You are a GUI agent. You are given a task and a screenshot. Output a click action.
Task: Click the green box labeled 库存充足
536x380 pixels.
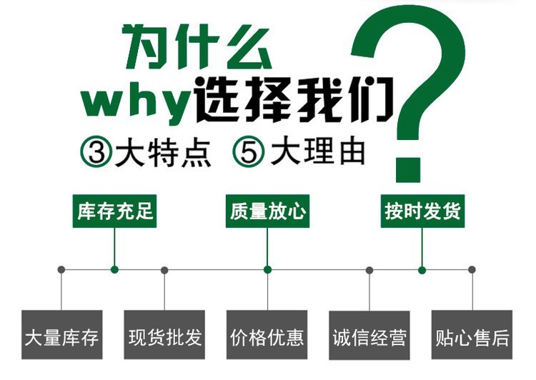[114, 211]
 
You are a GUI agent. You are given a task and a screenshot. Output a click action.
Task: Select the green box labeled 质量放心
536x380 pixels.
[268, 211]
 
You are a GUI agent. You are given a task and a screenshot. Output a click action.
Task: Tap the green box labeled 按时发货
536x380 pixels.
[422, 211]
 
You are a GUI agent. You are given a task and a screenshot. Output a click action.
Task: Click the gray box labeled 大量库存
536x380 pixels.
[62, 334]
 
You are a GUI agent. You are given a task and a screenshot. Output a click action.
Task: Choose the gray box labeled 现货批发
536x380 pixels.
[164, 334]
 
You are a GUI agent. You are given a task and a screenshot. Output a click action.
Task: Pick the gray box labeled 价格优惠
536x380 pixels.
[267, 334]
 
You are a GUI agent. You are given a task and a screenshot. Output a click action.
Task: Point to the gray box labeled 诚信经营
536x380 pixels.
[369, 335]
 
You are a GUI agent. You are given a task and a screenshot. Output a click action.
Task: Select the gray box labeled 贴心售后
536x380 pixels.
[472, 334]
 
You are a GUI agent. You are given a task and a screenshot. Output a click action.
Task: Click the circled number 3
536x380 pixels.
[96, 151]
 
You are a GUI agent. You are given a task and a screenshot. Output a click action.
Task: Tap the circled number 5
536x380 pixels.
[249, 151]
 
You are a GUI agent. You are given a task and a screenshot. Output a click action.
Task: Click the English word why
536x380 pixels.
[136, 103]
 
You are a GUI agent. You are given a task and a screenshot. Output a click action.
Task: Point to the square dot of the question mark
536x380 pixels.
[408, 170]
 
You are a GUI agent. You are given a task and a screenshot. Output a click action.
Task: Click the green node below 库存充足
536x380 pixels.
[114, 269]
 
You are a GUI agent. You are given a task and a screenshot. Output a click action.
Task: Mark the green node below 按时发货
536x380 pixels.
[422, 270]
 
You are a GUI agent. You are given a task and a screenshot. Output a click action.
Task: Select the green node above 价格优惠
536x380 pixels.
[268, 269]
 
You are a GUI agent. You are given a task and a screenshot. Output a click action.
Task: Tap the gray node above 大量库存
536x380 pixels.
[61, 269]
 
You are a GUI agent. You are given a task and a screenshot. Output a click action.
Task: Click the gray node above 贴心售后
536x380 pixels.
[472, 269]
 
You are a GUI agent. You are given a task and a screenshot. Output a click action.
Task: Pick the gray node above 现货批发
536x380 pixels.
[164, 270]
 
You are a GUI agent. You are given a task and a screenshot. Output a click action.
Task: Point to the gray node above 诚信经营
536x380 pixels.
[369, 270]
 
